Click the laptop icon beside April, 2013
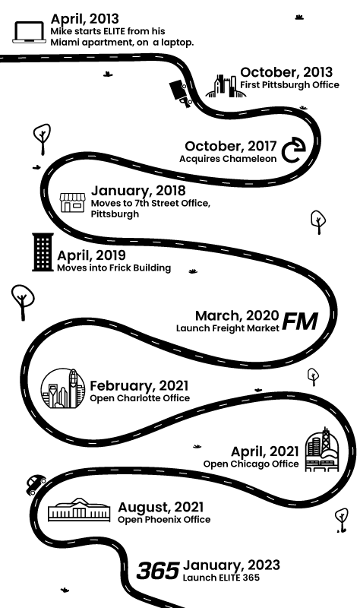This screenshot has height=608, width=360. point(29,32)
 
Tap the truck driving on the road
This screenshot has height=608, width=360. point(180,93)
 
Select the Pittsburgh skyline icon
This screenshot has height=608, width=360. point(226,86)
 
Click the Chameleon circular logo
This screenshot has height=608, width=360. point(293,150)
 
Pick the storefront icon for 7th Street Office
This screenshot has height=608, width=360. point(72,202)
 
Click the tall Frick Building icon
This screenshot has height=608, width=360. point(43,252)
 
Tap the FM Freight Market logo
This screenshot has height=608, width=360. point(300,321)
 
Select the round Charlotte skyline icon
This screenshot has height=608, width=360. point(63,388)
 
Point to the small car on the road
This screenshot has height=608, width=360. point(36,484)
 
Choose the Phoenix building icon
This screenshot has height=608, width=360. point(79,509)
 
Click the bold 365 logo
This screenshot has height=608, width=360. point(158,572)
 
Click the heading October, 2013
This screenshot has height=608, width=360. point(286,72)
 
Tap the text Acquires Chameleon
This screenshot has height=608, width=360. point(228,159)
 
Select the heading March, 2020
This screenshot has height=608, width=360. point(237,316)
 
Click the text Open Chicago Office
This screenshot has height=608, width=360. point(251,464)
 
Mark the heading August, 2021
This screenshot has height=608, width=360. point(161,507)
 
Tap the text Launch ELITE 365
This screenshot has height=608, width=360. point(221,578)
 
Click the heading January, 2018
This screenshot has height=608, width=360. point(138,191)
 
